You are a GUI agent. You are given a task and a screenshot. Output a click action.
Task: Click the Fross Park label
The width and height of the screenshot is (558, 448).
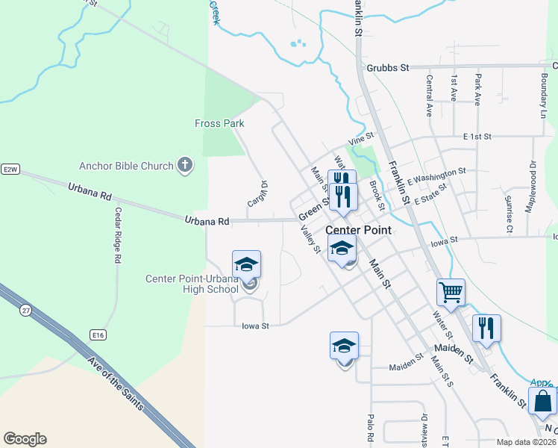[x=219, y=123]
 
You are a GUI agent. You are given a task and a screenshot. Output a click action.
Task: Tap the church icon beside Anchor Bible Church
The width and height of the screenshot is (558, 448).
[x=186, y=166]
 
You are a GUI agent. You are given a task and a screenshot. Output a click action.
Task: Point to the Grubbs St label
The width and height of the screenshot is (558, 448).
[x=388, y=68]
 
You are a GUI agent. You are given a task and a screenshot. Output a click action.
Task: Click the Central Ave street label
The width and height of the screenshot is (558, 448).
[x=430, y=96]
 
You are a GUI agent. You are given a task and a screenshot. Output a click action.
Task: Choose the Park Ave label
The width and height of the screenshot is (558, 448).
[x=478, y=90]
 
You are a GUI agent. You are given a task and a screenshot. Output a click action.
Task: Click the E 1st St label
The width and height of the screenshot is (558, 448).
[x=477, y=137]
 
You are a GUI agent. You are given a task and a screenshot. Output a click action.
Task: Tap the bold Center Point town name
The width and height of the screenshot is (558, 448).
[x=358, y=230]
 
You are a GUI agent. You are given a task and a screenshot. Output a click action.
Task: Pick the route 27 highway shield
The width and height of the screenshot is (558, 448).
[x=27, y=309]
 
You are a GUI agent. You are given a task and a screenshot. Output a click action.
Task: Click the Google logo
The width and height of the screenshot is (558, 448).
[x=25, y=439]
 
